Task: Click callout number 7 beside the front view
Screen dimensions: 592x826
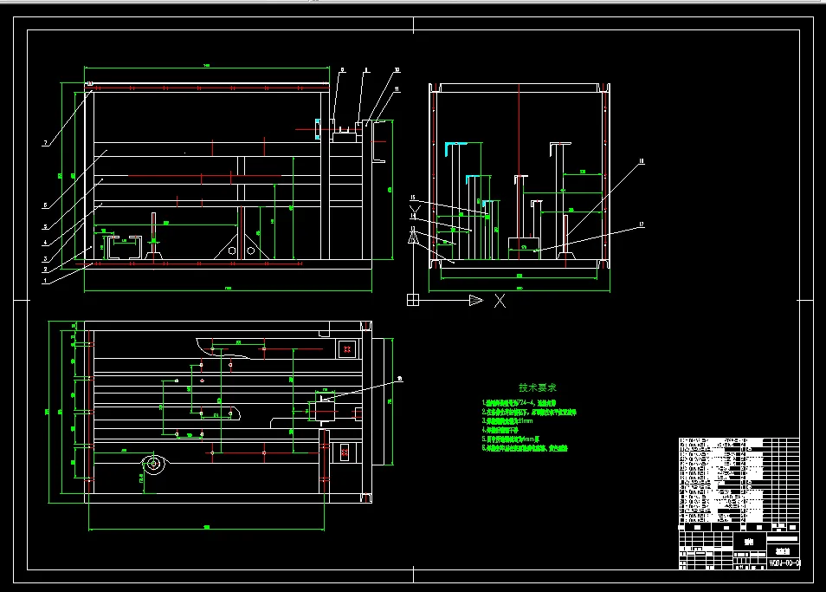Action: coord(47,142)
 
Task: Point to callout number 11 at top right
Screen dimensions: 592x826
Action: coord(397,90)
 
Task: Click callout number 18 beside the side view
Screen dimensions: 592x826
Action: coord(642,161)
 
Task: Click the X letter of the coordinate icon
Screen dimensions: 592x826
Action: coord(500,302)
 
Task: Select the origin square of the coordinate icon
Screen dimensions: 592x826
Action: coord(413,300)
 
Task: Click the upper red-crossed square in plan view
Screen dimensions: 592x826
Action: coord(347,348)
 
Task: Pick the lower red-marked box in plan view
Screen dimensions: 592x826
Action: coord(345,452)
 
